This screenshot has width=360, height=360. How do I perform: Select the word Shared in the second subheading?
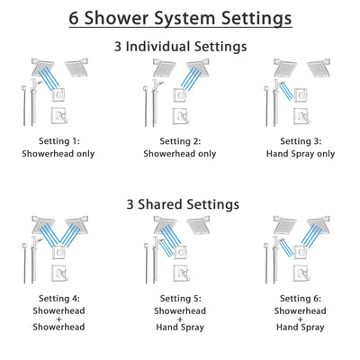pyautogui.click(x=175, y=204)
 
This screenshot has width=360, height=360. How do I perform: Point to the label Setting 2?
pyautogui.click(x=180, y=141)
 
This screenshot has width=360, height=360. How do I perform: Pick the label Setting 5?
pyautogui.click(x=180, y=298)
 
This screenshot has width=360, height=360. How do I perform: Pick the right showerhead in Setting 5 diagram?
pyautogui.click(x=194, y=225)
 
